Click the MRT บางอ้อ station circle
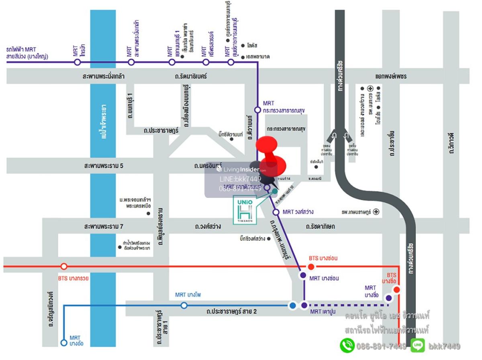(63, 343)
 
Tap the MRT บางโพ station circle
(184, 305)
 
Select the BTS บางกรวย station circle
(63, 266)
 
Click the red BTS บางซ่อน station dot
(311, 266)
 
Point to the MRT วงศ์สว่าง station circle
(276, 212)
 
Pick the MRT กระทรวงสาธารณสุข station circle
(257, 110)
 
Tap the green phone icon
(347, 346)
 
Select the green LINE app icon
(417, 346)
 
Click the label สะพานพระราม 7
(104, 227)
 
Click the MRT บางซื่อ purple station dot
(388, 298)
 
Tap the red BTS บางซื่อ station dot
(396, 289)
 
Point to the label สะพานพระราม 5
(104, 165)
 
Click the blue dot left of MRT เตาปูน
(292, 305)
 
